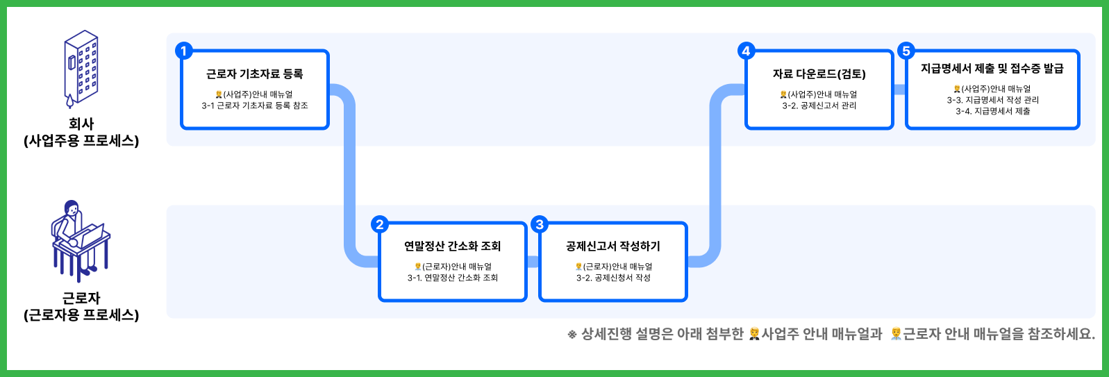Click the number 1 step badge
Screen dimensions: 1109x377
pos(184,51)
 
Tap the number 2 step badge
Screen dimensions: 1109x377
pos(380,224)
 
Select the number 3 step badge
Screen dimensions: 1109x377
pos(540,224)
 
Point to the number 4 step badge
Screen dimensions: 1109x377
pos(746,51)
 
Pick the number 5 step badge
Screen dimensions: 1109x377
pos(906,51)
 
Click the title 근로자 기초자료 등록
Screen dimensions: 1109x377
pos(254,74)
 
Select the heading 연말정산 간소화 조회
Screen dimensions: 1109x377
pos(453,246)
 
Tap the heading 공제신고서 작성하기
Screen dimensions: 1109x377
pos(613,246)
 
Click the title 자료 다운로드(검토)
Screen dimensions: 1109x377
pos(819,74)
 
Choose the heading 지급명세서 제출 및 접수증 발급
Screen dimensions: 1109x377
pos(992,69)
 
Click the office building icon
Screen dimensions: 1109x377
pos(81,68)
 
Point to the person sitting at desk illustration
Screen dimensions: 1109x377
pos(81,241)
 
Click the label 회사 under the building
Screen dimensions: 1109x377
pos(81,124)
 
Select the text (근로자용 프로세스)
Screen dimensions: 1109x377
pos(81,315)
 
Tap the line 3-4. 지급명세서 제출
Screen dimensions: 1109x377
pos(992,111)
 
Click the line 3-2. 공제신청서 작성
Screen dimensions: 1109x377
pos(613,278)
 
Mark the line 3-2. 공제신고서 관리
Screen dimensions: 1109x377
pos(819,106)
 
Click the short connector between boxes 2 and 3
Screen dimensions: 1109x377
pos(533,262)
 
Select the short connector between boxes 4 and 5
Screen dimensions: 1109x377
pos(899,90)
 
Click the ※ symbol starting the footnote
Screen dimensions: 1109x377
pos(572,335)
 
